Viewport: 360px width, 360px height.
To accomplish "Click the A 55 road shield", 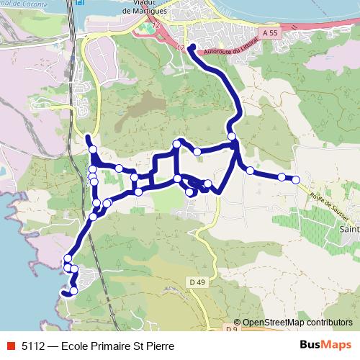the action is tap(270, 33).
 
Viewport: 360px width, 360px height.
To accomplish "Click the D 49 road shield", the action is tap(199, 281).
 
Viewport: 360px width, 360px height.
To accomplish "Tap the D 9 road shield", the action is tap(230, 329).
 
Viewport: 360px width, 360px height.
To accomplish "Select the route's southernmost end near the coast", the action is tap(64, 293).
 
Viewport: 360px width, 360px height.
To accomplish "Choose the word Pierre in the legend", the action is tap(158, 346).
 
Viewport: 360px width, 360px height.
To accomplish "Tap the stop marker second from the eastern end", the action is tap(282, 176).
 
